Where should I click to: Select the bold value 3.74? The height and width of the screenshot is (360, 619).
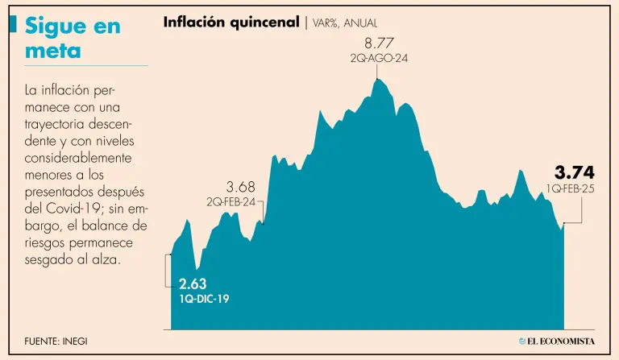click(574, 172)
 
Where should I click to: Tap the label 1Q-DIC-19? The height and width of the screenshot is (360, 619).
click(205, 298)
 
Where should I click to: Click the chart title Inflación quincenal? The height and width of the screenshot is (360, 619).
click(230, 23)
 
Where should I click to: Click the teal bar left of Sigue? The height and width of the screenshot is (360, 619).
click(12, 26)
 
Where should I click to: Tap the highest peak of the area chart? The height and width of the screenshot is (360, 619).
click(377, 77)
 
